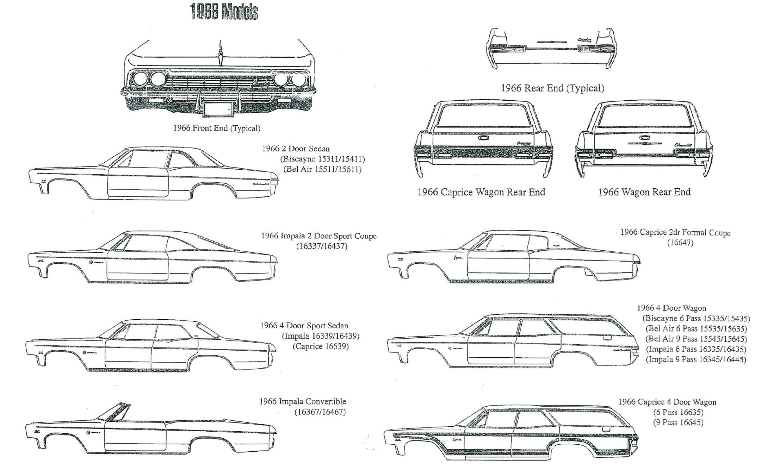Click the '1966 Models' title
224,11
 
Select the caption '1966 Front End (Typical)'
217,128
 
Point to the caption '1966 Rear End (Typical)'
552,88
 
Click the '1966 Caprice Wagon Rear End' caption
481,192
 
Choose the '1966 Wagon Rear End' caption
644,192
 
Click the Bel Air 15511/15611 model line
322,169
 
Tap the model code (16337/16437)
322,246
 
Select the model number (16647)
680,243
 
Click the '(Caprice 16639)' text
321,346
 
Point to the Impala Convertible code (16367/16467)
320,412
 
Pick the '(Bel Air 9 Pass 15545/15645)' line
696,339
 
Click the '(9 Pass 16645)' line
678,422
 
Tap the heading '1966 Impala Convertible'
303,401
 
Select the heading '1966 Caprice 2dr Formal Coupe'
675,232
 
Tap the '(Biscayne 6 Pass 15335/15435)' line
696,319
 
